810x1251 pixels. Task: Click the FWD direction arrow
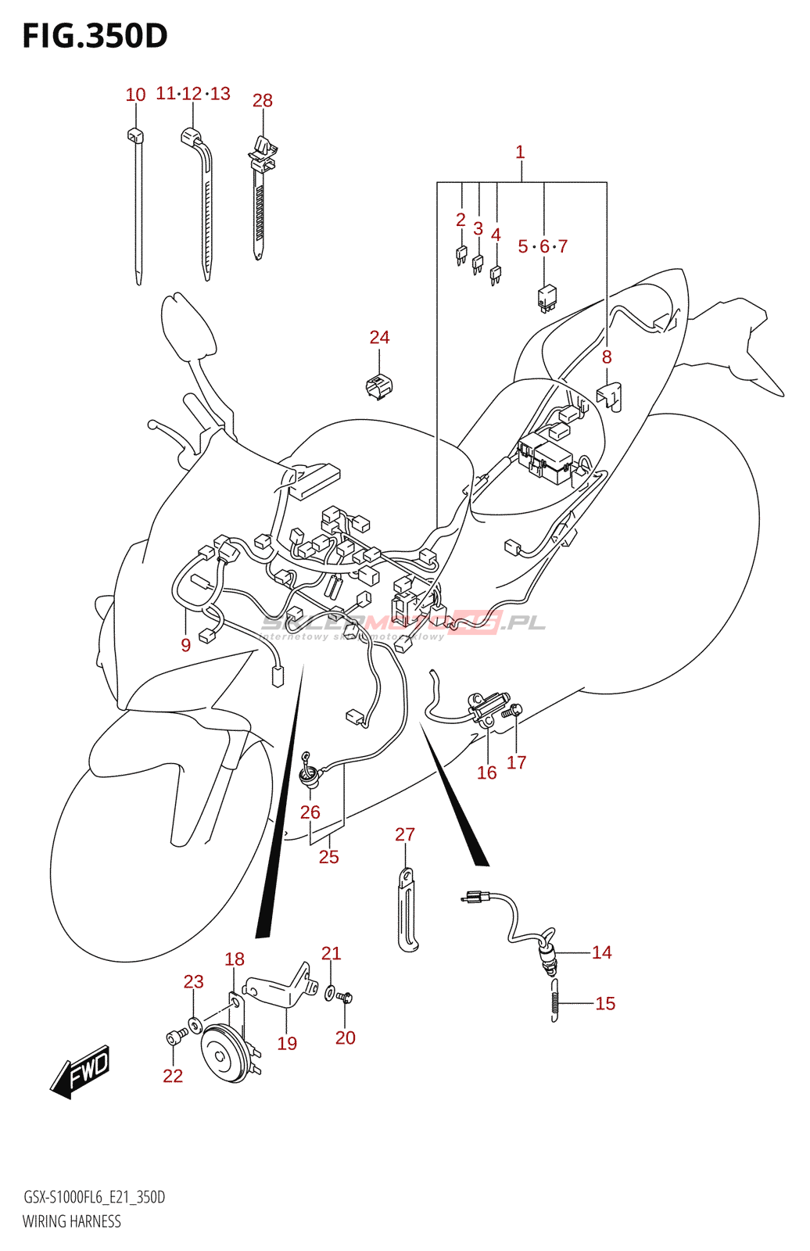(x=81, y=1071)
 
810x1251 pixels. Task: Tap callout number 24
(x=379, y=337)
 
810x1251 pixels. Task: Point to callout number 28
(x=263, y=101)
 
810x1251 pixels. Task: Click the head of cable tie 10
(x=136, y=135)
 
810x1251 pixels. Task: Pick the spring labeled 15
(x=554, y=1000)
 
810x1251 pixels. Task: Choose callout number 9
(x=185, y=645)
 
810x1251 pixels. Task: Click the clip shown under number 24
(x=379, y=385)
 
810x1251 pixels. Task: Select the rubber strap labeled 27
(x=407, y=911)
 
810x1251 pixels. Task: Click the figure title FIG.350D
(x=95, y=36)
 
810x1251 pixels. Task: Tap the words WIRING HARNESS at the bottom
(x=72, y=1221)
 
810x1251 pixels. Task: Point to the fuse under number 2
(x=461, y=254)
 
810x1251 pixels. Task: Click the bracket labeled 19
(x=280, y=988)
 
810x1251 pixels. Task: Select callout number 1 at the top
(x=520, y=152)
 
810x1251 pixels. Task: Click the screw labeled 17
(x=514, y=712)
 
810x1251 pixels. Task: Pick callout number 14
(x=601, y=952)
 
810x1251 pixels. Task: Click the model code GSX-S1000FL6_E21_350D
(x=94, y=1197)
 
